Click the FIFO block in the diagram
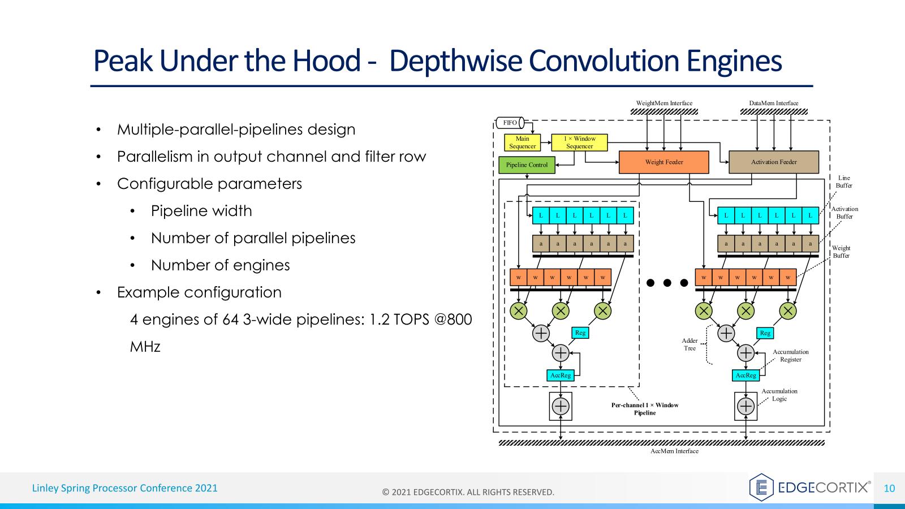pos(510,123)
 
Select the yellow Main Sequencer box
pos(522,143)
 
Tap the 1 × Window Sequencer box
pos(579,143)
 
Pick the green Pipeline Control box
pos(527,165)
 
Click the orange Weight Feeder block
pos(663,162)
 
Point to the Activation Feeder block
pos(773,162)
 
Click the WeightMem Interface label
pos(664,103)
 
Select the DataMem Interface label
pos(773,103)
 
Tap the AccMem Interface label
pos(674,451)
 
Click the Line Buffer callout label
pos(843,182)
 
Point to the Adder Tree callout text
pos(689,344)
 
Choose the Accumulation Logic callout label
pos(779,395)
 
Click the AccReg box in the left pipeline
pos(561,375)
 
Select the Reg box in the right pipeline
pos(765,333)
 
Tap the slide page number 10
pos(889,488)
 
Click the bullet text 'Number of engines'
pos(220,265)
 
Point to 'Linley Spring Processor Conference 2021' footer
pos(124,488)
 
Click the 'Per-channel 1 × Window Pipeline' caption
pos(644,409)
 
